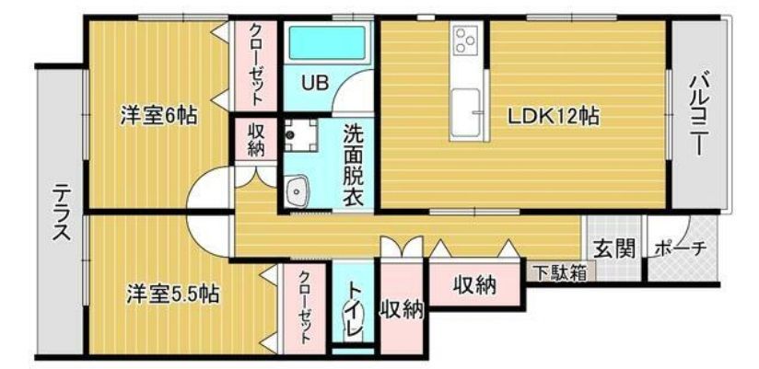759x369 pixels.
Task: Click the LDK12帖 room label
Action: tap(554, 117)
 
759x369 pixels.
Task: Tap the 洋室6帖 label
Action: tap(158, 117)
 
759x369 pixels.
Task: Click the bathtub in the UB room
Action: tap(327, 42)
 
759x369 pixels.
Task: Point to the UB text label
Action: tap(315, 83)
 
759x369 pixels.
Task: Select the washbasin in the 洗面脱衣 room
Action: tap(297, 192)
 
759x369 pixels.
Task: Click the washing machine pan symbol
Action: tap(300, 135)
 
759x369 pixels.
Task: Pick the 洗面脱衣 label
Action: tap(354, 166)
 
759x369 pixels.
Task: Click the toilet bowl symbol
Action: tap(354, 323)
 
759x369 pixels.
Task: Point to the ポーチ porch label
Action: tap(680, 248)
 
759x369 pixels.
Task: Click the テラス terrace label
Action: tap(62, 212)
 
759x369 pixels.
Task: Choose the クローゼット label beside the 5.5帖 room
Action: tap(305, 307)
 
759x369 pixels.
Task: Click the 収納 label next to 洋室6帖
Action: tap(256, 140)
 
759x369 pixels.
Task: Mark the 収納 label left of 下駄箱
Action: tap(474, 286)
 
